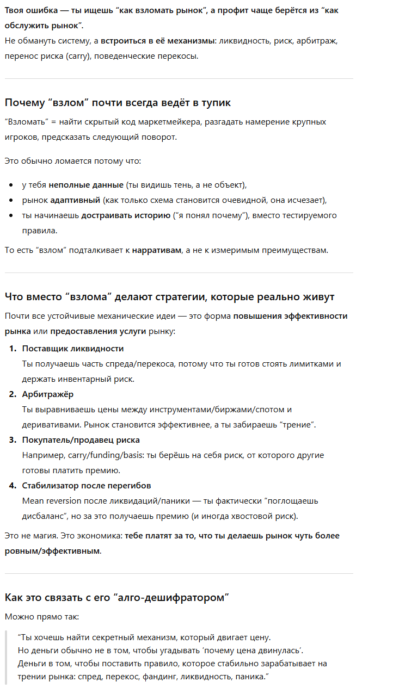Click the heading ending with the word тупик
point(118,102)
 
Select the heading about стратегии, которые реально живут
point(169,296)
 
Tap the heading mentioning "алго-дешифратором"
point(116,598)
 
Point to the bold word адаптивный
point(75,200)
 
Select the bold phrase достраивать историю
point(126,215)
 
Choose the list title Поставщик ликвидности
point(73,349)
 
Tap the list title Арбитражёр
point(48,394)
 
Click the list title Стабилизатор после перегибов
point(87,485)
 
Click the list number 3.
point(13,440)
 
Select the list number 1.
point(13,349)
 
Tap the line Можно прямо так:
point(41,617)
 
